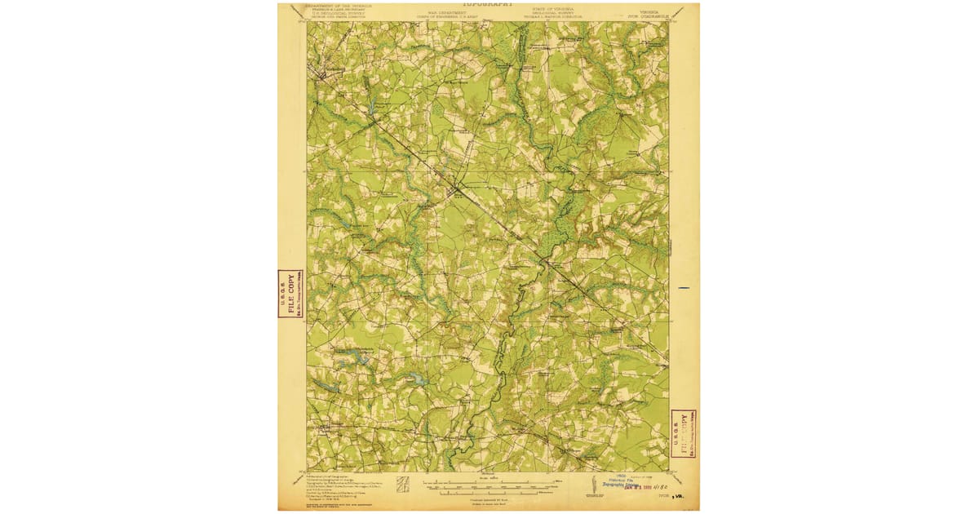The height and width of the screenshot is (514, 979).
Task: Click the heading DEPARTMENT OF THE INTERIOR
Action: [339, 5]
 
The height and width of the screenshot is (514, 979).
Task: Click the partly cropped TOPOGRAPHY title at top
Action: [489, 4]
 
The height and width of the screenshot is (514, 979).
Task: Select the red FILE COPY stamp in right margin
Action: [682, 433]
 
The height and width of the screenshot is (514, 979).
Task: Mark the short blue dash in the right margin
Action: [684, 288]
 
